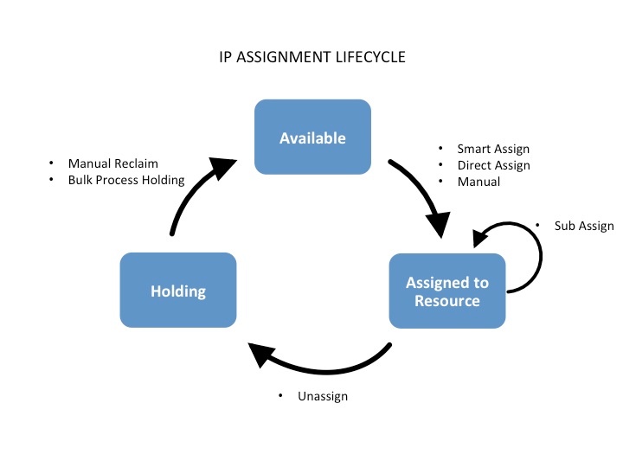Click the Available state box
312,138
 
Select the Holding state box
178,291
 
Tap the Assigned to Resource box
447,291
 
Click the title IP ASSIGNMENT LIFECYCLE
312,59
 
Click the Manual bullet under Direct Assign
478,182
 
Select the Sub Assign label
584,226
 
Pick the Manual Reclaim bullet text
113,163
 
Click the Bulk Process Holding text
126,180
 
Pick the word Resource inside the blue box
447,301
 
